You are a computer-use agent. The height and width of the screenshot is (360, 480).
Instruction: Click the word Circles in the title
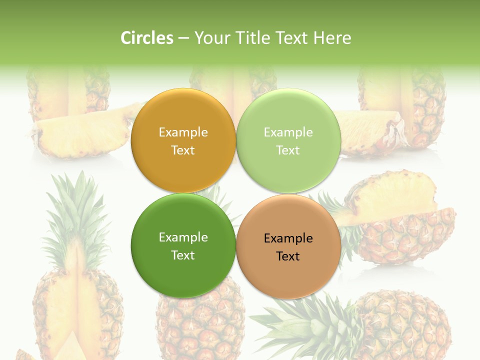click(146, 38)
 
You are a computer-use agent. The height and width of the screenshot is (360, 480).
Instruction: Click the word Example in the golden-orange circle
click(183, 132)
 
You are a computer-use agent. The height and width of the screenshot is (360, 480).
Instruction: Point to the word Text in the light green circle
click(288, 150)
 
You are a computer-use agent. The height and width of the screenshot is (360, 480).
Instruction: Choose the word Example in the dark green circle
click(183, 237)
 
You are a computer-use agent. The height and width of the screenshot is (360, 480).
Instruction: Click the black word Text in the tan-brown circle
click(288, 256)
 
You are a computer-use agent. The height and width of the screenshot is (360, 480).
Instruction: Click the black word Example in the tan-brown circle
click(288, 238)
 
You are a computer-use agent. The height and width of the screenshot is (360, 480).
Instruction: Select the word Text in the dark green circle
click(183, 255)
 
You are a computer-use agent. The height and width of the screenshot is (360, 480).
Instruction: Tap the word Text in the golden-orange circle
click(183, 150)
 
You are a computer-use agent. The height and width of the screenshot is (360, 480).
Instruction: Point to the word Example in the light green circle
click(288, 132)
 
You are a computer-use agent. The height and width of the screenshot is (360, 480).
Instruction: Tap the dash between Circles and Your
click(183, 38)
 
